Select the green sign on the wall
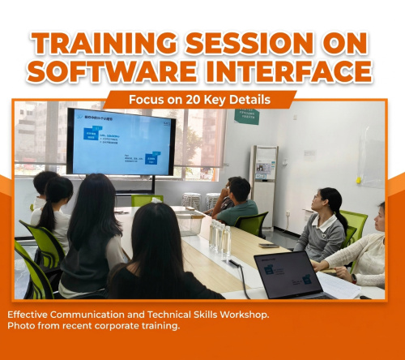[246, 116]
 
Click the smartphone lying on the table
[268, 245]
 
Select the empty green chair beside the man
[253, 224]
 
